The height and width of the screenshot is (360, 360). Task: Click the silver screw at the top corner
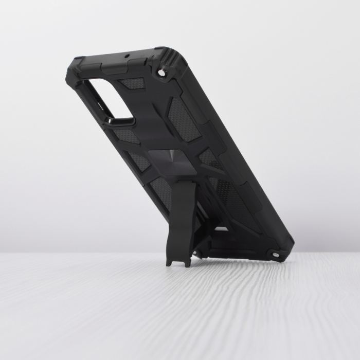click(x=162, y=74)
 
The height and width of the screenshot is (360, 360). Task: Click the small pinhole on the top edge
click(x=127, y=56)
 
